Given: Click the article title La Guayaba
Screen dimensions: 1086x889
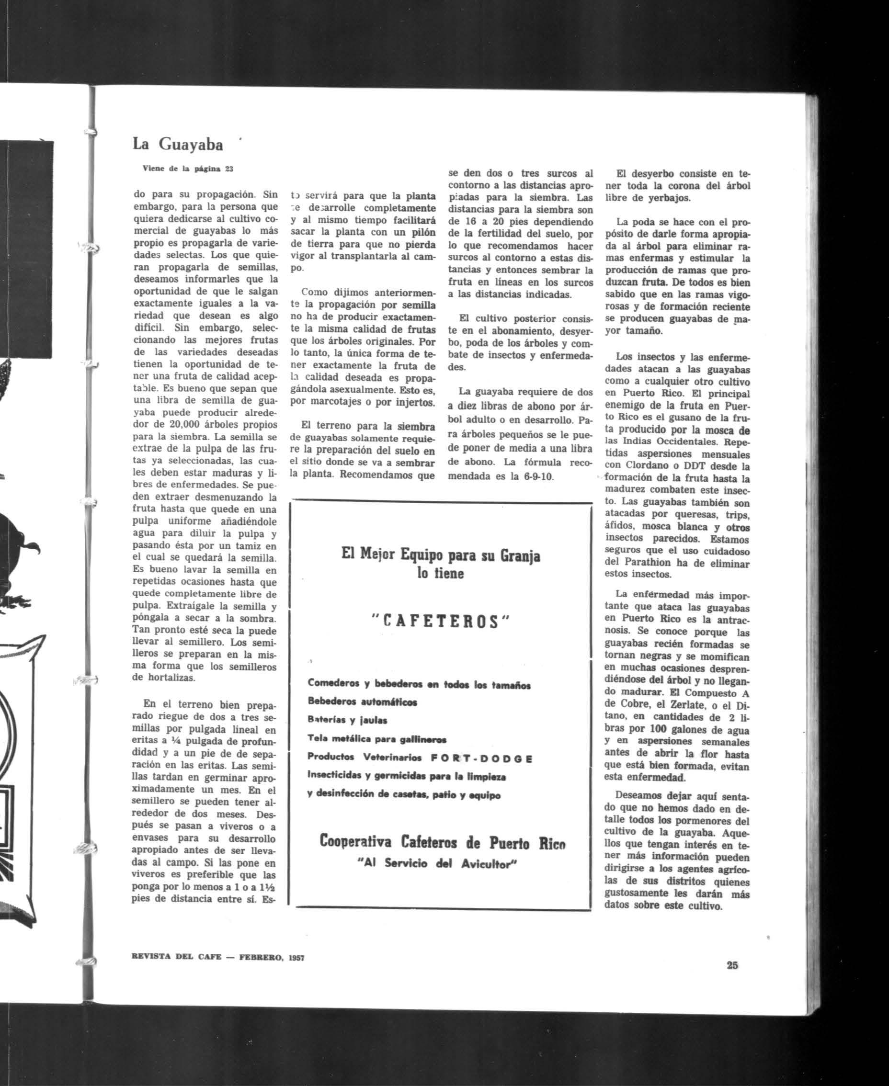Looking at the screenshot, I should (178, 145).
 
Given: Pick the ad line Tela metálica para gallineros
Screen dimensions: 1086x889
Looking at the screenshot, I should (377, 739).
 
